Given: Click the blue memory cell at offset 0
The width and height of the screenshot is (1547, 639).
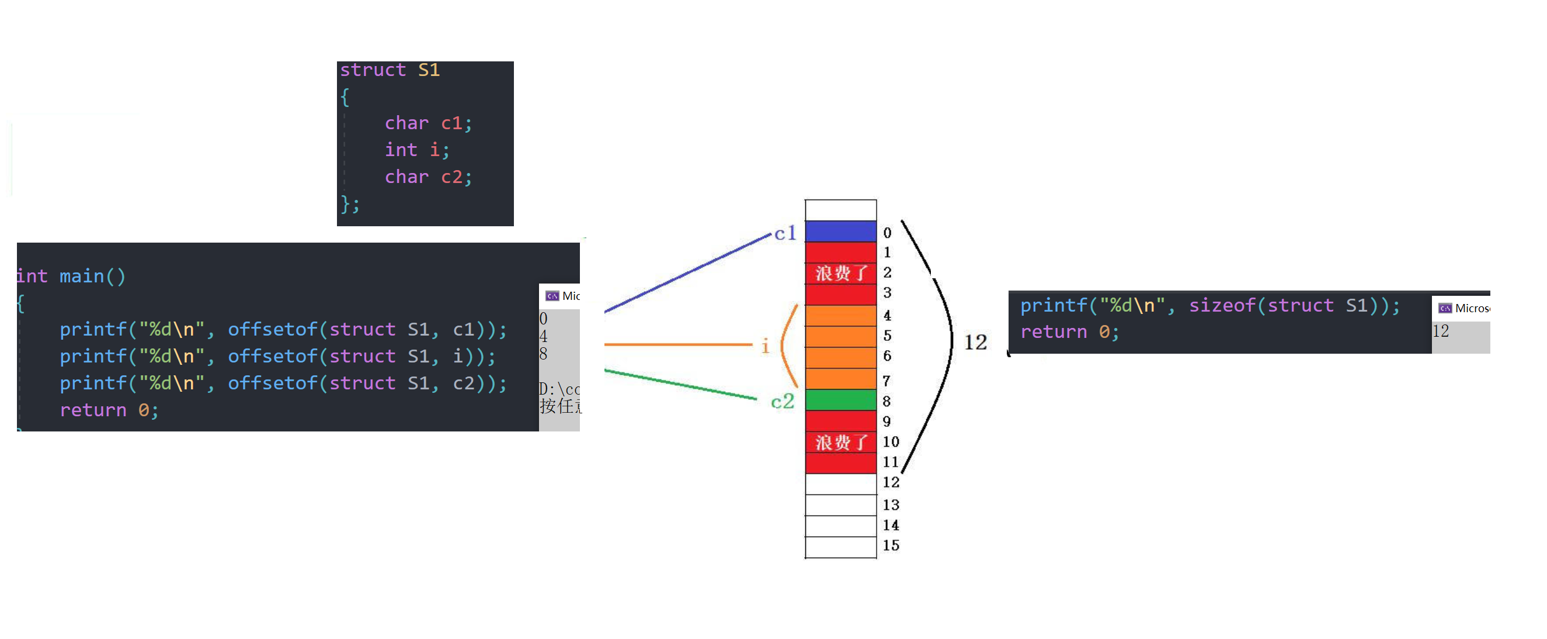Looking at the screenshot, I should coord(840,232).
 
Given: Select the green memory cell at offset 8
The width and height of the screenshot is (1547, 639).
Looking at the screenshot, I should coord(840,400).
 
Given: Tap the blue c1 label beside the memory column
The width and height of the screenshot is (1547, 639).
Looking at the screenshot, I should coord(785,233).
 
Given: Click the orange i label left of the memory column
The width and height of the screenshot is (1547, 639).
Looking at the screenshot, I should coord(765,346).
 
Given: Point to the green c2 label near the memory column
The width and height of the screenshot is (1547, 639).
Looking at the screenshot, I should coord(783,401).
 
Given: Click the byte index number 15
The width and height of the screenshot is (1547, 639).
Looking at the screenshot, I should coord(891,545).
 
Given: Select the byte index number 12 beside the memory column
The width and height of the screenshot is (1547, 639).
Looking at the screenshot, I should coord(891,482).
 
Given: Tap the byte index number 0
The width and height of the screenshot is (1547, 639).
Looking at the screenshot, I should coord(887,233).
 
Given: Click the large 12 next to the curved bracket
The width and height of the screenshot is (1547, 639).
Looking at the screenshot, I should coord(975,343).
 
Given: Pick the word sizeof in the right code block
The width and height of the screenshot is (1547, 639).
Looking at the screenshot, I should coord(1222,305).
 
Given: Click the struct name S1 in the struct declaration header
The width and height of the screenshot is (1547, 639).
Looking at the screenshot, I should coord(429,70).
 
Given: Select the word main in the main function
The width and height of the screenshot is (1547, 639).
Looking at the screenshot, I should coord(82,276).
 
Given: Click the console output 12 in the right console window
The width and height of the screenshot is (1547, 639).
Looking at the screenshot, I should coord(1440,331).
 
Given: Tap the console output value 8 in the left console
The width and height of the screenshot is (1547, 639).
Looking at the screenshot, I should coord(543,354).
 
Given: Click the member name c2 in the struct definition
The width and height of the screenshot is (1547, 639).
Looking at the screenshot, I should coord(451,177).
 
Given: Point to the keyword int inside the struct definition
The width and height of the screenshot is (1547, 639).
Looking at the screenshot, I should coord(401,150).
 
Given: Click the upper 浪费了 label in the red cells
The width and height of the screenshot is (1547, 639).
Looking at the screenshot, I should coord(840,274).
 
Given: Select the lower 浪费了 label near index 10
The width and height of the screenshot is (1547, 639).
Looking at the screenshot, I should coord(840,443).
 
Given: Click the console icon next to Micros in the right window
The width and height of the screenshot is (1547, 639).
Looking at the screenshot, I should coord(1445,308).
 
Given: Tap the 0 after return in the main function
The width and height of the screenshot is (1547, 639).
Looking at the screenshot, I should coord(144,410).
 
